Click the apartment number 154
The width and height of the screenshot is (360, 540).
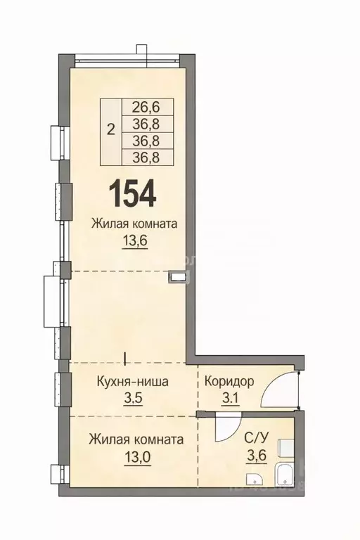point(132,193)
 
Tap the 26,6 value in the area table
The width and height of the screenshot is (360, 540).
point(141,107)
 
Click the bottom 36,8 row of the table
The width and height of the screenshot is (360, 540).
point(141,156)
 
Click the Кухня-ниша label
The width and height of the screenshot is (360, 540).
point(132,382)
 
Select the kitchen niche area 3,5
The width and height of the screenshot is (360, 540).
point(132,399)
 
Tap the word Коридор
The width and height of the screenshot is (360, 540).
point(229,382)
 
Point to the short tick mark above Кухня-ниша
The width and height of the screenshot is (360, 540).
point(124,358)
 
